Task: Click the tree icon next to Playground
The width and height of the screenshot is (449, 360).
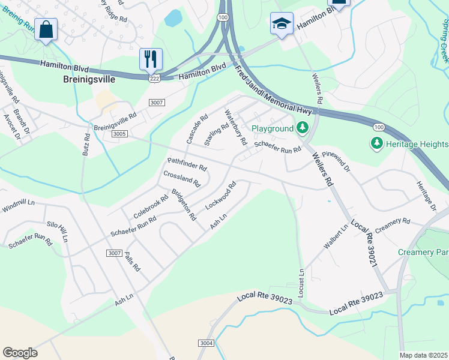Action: (303, 128)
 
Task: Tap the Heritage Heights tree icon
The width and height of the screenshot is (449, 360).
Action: (377, 143)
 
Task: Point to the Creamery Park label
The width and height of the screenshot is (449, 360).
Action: (423, 253)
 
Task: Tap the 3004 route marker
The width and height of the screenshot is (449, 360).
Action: (205, 343)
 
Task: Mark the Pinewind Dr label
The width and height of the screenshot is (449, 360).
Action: (336, 161)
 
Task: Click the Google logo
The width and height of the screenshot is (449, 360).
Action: (20, 353)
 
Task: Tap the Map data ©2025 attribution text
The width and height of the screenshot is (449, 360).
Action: (423, 355)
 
